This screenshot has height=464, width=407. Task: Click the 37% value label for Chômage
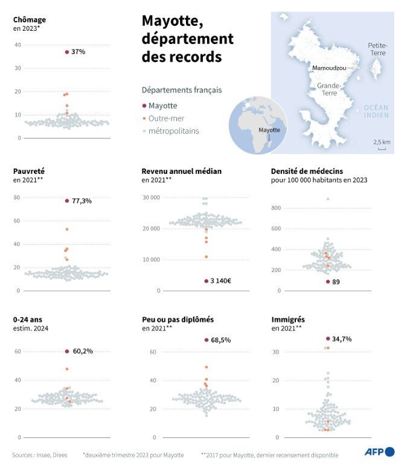tap(79, 52)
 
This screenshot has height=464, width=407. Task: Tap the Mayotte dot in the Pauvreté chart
tap(67, 201)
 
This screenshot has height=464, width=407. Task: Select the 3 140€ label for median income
tap(221, 281)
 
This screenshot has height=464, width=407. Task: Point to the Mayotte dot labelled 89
tap(328, 282)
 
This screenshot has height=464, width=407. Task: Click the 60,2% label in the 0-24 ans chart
tap(83, 351)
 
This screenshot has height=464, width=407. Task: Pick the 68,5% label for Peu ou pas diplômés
tap(221, 340)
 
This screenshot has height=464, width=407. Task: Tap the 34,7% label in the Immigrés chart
tap(342, 339)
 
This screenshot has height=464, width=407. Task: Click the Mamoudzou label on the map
tap(329, 69)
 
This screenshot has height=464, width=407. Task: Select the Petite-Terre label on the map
tap(378, 49)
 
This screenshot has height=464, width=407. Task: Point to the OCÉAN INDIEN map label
tap(376, 111)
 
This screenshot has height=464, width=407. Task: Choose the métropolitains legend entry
tap(173, 130)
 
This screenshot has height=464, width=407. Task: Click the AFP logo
tap(379, 451)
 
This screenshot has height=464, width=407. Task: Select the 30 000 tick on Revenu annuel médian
tap(150, 198)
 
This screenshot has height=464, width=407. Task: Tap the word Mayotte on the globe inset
tap(269, 130)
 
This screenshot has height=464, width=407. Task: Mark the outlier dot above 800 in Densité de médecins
tap(328, 199)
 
